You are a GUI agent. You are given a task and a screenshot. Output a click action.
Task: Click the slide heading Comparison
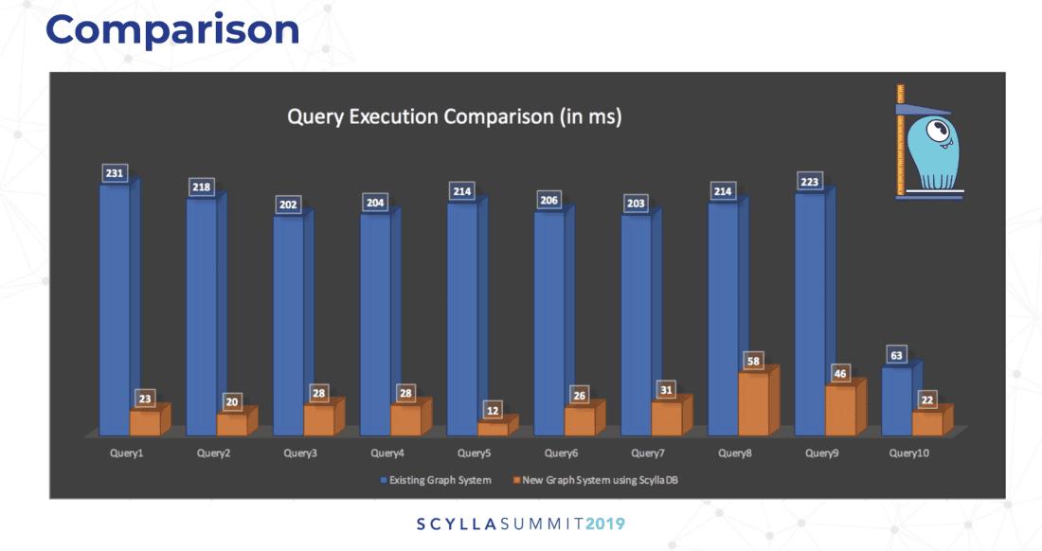pyautogui.click(x=172, y=30)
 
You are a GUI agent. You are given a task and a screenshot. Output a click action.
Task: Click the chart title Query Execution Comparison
pyautogui.click(x=454, y=117)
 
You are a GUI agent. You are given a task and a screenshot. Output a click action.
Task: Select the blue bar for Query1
pyautogui.click(x=115, y=303)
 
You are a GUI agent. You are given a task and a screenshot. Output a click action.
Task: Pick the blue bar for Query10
pyautogui.click(x=897, y=400)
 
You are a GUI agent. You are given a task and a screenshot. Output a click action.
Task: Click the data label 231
pyautogui.click(x=116, y=173)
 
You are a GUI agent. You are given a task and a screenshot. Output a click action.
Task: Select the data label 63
pyautogui.click(x=897, y=356)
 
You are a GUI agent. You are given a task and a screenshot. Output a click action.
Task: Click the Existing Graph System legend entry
pyautogui.click(x=437, y=480)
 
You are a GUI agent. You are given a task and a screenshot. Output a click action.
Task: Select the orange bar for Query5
pyautogui.click(x=493, y=429)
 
